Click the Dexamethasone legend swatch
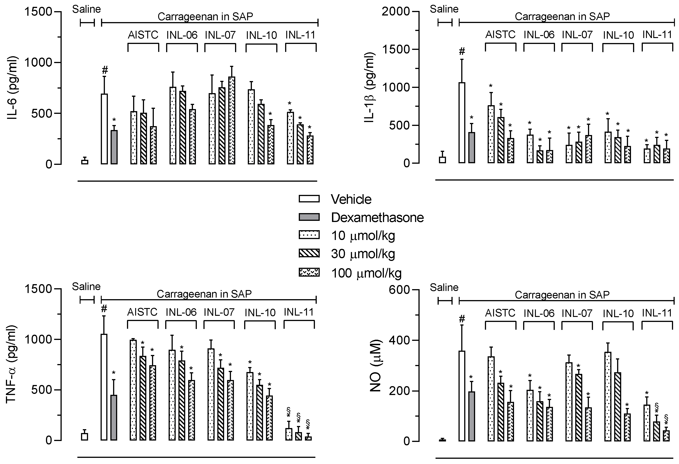[309, 217]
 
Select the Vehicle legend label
[351, 199]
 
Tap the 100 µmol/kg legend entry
[366, 273]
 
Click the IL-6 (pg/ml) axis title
[12, 88]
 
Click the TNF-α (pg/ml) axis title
[11, 364]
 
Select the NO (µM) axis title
[375, 365]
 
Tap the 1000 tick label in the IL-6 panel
[38, 63]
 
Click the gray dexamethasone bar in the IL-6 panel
[114, 147]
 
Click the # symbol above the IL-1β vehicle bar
[462, 51]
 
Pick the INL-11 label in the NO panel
[657, 313]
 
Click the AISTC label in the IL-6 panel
[143, 35]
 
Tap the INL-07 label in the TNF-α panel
[219, 312]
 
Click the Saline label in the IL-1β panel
[444, 9]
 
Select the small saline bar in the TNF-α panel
[84, 436]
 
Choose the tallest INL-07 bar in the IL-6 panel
[231, 120]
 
